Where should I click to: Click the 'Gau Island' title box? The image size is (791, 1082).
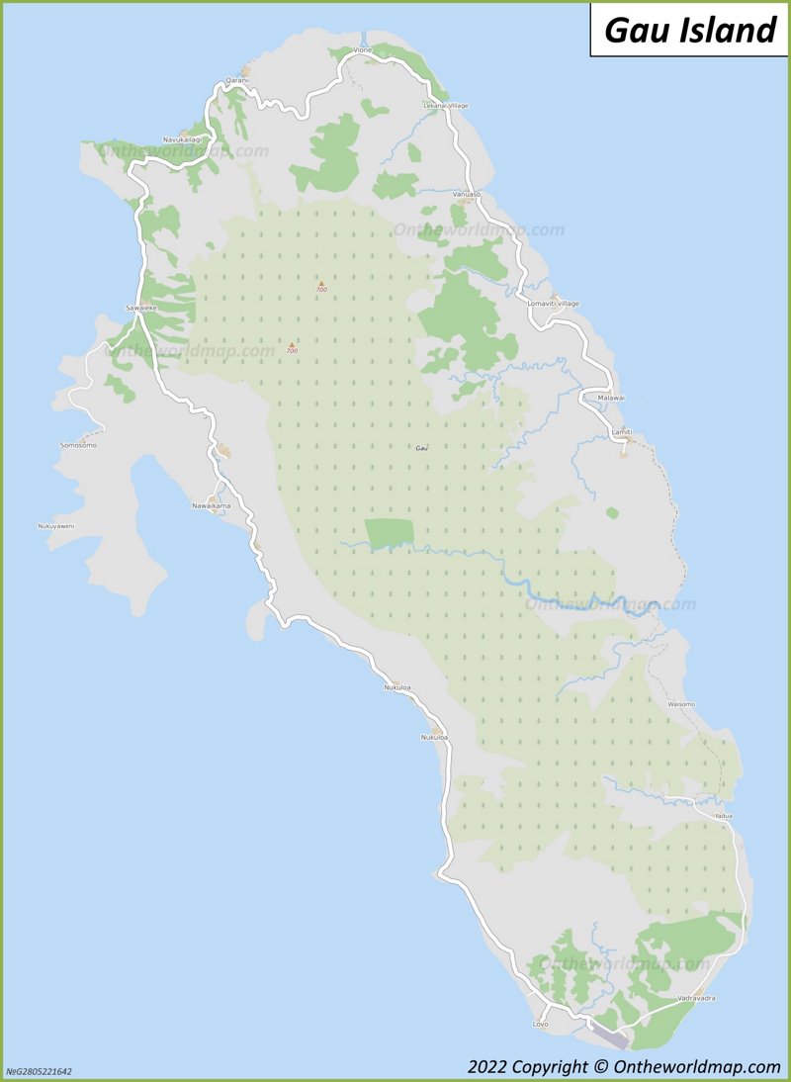point(689,30)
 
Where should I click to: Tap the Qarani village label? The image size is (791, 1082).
point(236,80)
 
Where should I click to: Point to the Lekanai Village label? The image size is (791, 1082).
point(446,105)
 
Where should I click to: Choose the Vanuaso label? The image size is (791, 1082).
point(466,194)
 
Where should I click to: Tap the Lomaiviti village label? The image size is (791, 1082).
point(554,303)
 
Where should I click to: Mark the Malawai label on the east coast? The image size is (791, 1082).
point(612,398)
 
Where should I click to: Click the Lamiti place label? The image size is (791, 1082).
point(622,432)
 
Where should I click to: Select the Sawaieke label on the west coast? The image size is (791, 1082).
point(141,309)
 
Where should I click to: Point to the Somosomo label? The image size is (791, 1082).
point(78,445)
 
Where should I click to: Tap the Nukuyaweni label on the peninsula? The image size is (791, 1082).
point(56,525)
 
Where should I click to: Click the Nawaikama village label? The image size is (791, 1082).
point(211,505)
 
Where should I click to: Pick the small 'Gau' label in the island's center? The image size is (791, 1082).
point(422,448)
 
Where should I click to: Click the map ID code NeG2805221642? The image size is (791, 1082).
point(39,1071)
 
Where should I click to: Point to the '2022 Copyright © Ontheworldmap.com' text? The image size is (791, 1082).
point(624,1066)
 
